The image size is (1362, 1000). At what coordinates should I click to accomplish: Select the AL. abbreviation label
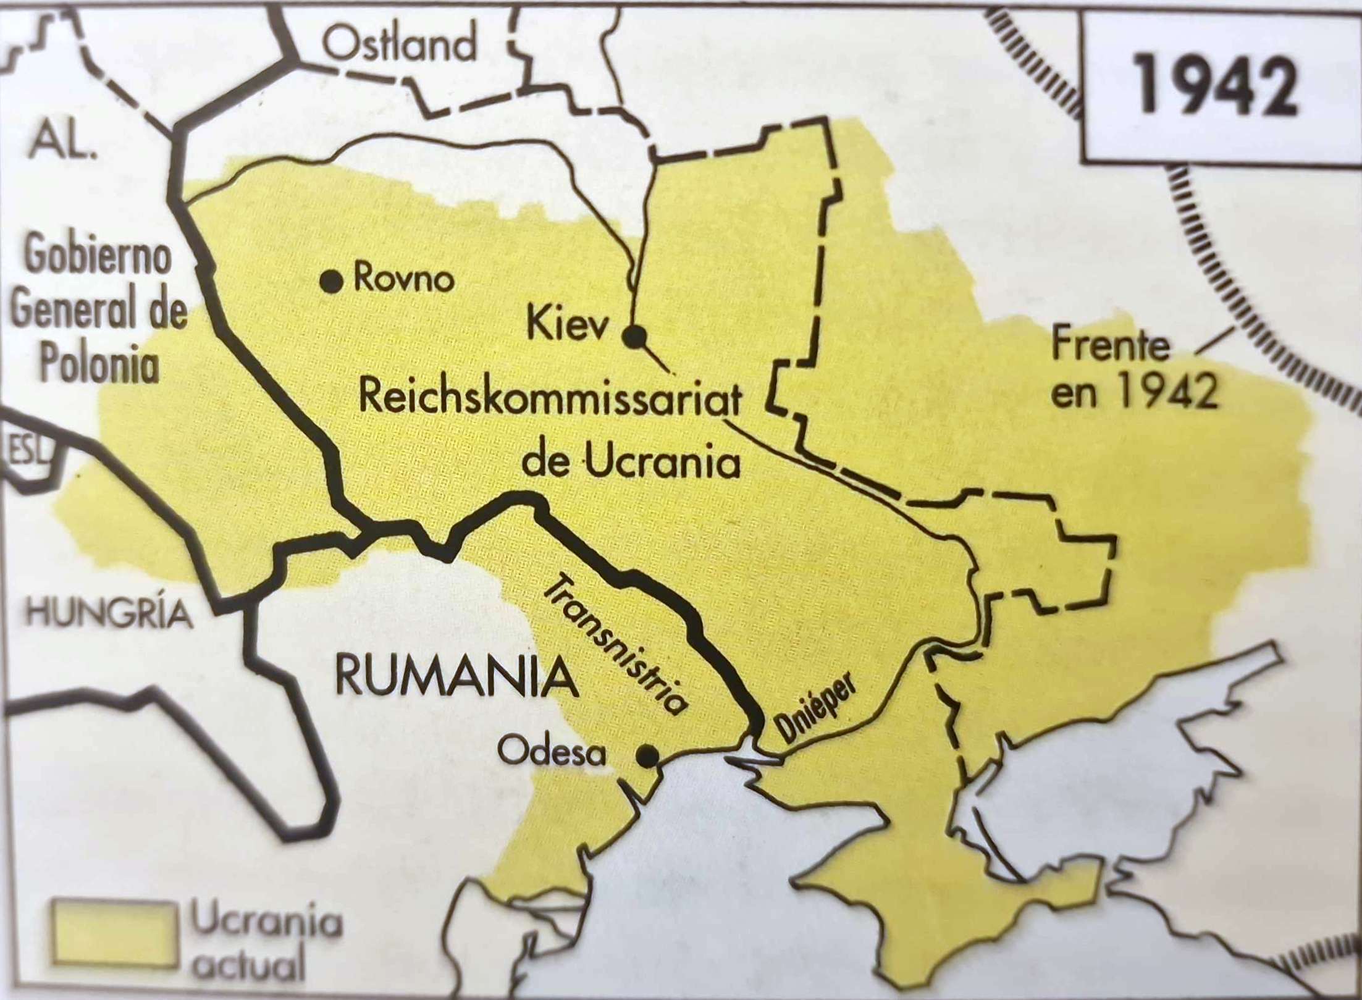click(62, 141)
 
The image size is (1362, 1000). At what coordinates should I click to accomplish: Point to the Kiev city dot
click(634, 337)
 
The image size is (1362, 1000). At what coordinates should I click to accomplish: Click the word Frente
click(1110, 348)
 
